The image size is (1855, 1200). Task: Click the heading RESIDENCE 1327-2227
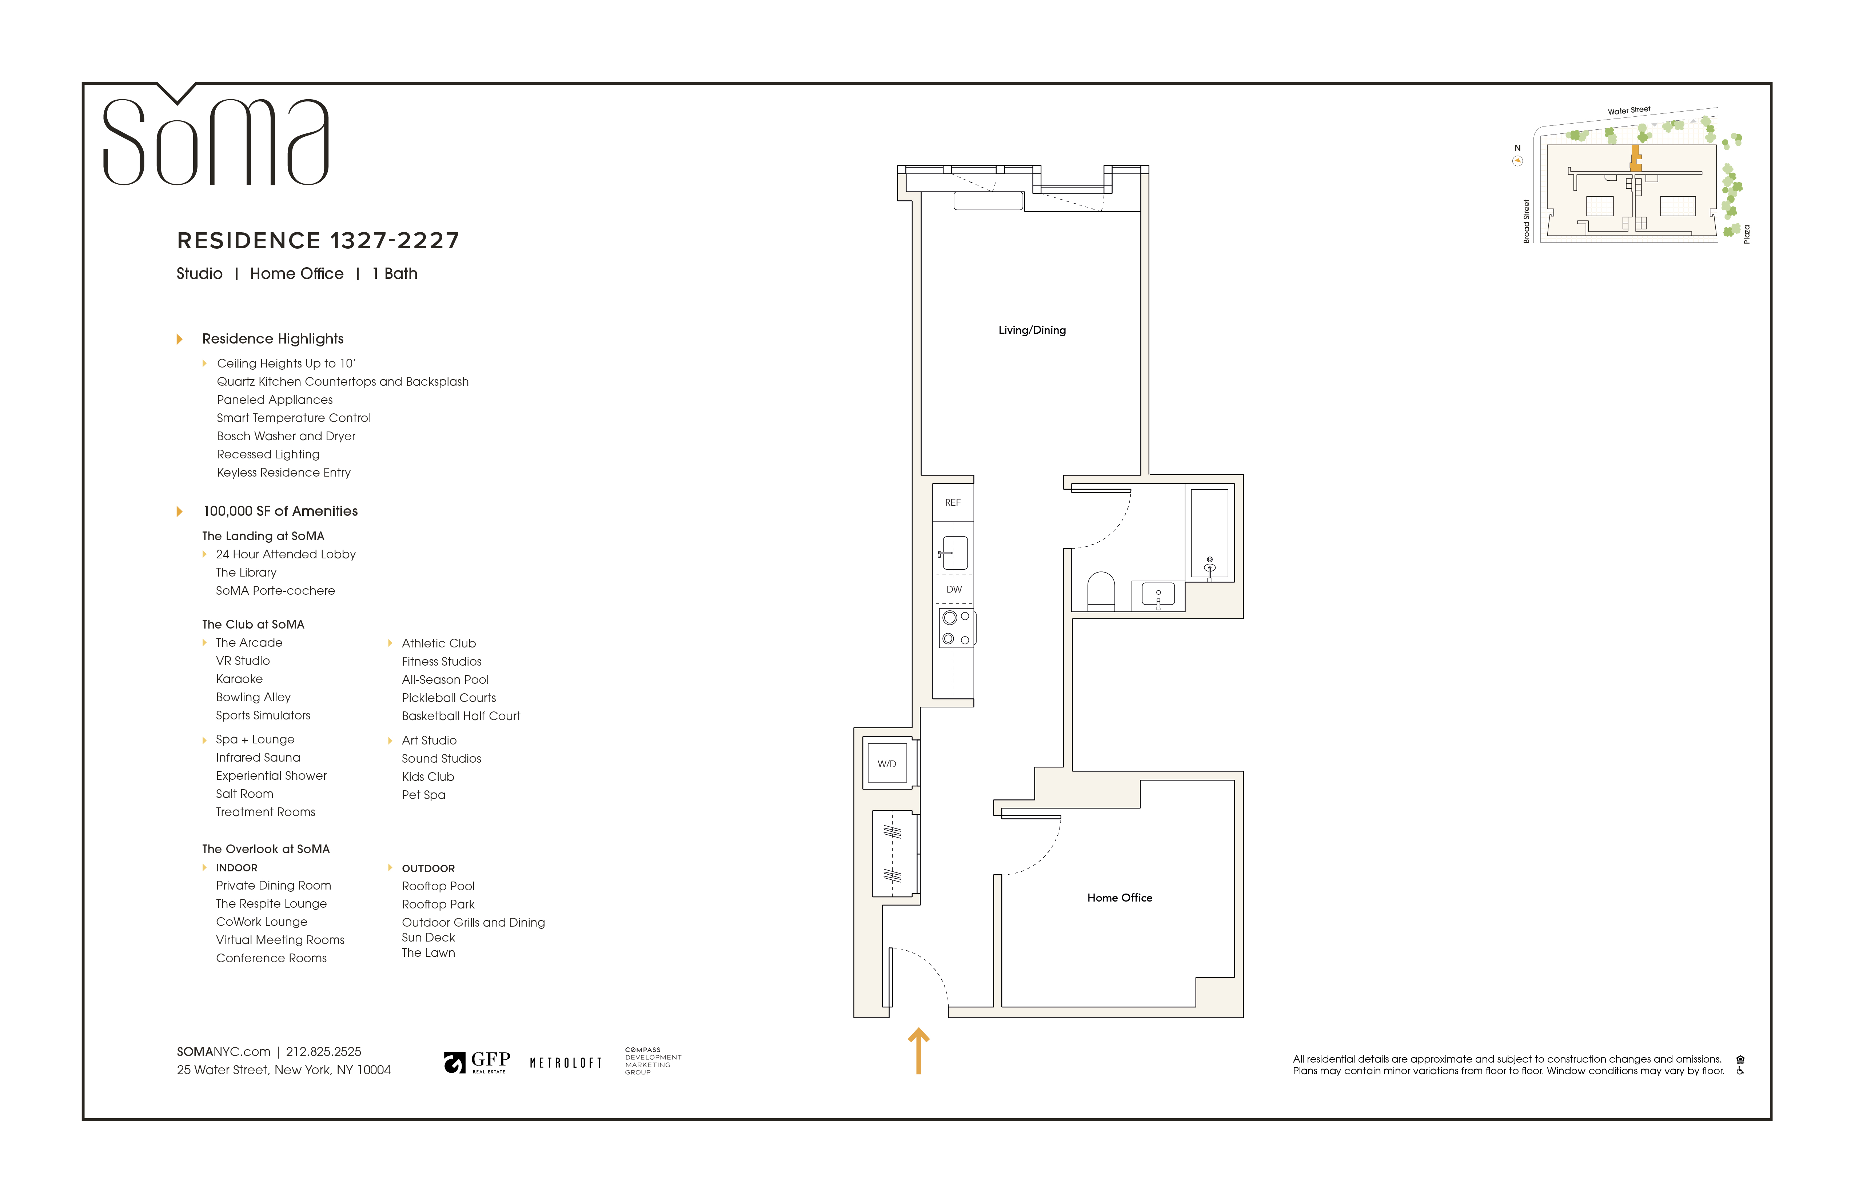318,241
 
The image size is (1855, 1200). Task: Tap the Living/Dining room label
1032,330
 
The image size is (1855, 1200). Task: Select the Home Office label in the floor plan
1119,898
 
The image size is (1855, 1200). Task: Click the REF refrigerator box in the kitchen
953,503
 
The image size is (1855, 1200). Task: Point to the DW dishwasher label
954,590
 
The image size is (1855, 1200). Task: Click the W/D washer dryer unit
887,764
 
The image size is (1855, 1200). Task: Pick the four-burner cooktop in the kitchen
956,628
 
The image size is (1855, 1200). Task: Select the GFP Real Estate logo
477,1062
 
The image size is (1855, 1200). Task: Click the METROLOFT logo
566,1063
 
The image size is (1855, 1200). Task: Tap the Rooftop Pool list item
438,886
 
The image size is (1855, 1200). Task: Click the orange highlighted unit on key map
1636,158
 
